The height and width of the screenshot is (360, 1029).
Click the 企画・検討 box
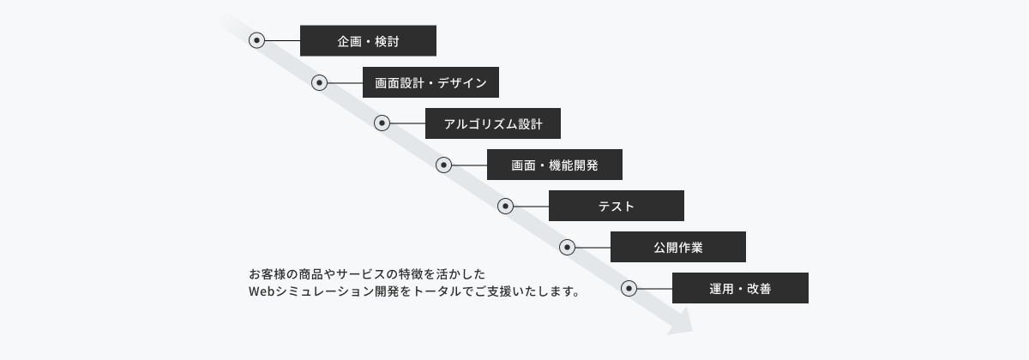tap(368, 41)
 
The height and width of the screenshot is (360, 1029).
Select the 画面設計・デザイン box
tap(430, 82)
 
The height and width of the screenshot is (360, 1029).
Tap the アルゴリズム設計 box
tap(493, 123)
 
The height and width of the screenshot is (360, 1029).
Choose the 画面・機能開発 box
tap(555, 165)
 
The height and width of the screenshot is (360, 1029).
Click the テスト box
tap(616, 206)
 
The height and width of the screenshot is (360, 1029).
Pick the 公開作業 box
tap(678, 247)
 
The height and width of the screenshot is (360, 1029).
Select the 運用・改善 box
tap(740, 288)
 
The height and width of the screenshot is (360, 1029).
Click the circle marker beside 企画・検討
tap(256, 40)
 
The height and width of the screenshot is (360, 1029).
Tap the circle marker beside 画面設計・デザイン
tap(319, 82)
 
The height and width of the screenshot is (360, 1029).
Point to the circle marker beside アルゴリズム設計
tap(382, 123)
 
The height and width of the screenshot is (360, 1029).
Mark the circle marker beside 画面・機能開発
tap(443, 165)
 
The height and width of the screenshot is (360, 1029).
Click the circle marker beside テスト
tap(505, 207)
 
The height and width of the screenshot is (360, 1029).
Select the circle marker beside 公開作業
tap(568, 248)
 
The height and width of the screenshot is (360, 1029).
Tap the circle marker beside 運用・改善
tap(629, 288)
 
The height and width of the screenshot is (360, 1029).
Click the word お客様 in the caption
tap(268, 274)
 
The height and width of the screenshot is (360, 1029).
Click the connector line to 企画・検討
tap(282, 41)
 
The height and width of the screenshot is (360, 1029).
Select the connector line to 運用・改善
tap(654, 289)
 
